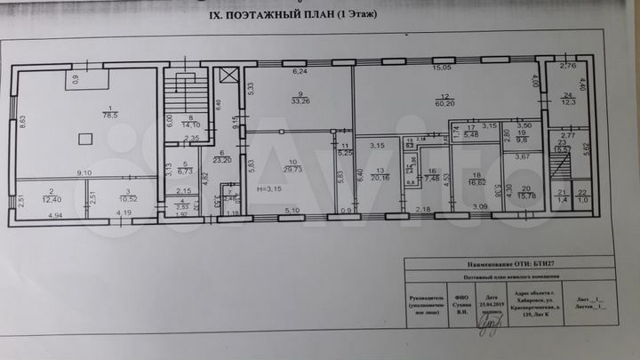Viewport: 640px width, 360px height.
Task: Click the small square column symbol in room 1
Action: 84,138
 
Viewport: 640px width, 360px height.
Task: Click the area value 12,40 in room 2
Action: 51,198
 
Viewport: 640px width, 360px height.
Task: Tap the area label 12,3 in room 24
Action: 566,104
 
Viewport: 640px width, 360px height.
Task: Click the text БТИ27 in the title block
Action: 536,264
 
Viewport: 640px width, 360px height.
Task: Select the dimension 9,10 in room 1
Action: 85,172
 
